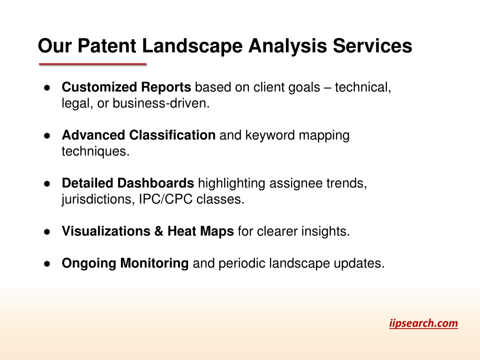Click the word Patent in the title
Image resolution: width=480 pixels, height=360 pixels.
click(107, 46)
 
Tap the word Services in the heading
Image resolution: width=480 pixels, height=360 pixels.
click(372, 46)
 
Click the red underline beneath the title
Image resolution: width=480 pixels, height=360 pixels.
click(93, 64)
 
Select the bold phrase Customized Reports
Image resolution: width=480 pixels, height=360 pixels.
click(127, 87)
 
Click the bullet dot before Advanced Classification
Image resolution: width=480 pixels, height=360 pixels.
click(47, 135)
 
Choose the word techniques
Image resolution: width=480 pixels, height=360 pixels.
click(96, 151)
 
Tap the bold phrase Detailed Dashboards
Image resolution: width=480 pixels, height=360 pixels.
click(128, 183)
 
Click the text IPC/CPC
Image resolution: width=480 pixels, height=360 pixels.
click(165, 199)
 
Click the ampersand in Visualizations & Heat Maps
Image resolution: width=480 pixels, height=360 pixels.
click(158, 231)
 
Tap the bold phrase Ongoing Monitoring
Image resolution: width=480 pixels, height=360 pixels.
click(125, 263)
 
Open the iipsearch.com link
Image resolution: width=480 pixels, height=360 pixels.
click(424, 323)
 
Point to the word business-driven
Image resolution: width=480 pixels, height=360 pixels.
click(161, 103)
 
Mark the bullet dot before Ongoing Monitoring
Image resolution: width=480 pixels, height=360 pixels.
click(47, 263)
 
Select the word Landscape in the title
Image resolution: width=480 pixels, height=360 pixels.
click(192, 46)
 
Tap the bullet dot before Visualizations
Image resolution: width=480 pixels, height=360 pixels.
click(47, 232)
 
